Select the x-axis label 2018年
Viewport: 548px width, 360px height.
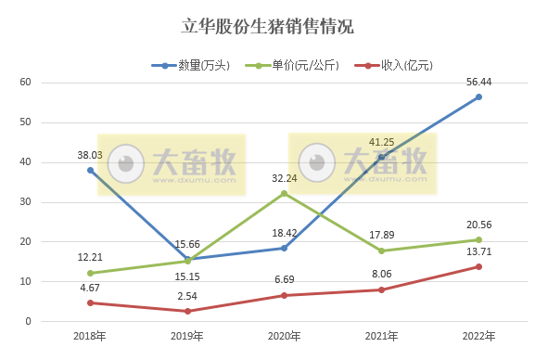(90, 336)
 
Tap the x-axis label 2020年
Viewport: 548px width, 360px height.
(284, 336)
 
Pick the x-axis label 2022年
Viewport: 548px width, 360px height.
(478, 336)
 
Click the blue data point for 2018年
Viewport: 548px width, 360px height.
(90, 170)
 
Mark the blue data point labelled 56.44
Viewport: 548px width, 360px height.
(478, 96)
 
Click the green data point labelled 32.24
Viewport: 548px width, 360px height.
(284, 193)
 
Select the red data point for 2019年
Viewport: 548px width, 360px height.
(187, 311)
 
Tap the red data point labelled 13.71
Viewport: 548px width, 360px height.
(478, 266)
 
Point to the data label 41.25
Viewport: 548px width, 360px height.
(382, 142)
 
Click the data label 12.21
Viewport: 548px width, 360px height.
(90, 256)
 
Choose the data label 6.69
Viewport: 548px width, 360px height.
(284, 279)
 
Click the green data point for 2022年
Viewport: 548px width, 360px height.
(478, 239)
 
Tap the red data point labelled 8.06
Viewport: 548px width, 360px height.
(381, 289)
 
